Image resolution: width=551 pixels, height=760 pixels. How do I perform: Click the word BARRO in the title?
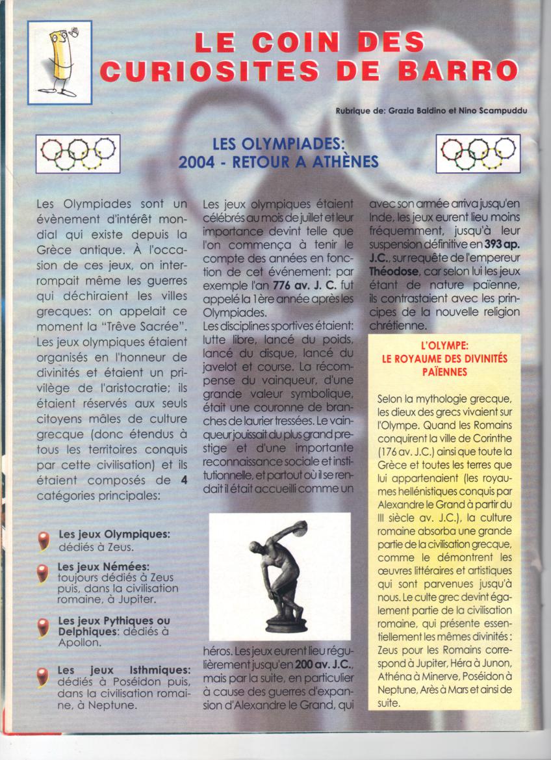coord(462,70)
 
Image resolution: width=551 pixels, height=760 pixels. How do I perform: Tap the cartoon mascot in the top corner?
coord(60,62)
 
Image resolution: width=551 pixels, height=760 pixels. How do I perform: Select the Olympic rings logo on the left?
coord(78,153)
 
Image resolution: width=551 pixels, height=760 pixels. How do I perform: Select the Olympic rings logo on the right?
coord(478,153)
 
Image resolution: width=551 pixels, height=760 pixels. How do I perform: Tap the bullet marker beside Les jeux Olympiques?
coord(44,540)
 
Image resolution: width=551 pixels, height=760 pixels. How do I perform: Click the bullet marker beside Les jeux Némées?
coord(44,573)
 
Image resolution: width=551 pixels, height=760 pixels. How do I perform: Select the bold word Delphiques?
coord(86,631)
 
